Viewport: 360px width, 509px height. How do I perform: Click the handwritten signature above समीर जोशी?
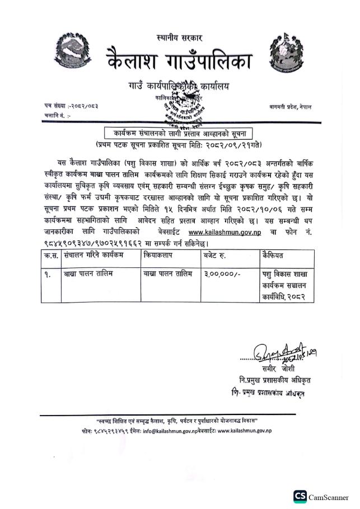278,353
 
